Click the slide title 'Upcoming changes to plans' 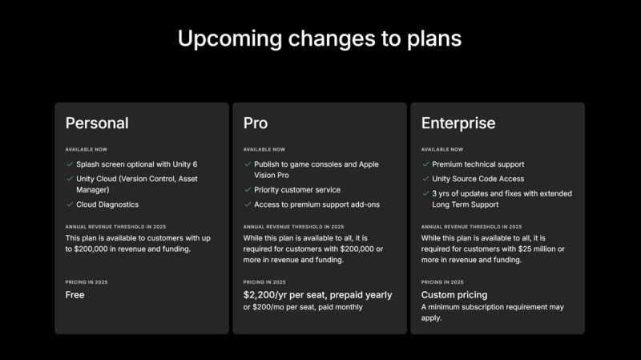tap(320, 38)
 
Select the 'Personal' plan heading tap(97, 123)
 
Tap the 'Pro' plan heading tap(256, 123)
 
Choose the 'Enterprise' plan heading tap(458, 123)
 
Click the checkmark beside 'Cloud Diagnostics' tap(70, 204)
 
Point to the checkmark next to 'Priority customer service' tap(248, 189)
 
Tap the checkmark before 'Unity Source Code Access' tap(425, 178)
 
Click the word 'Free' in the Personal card tap(75, 295)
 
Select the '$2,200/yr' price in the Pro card tap(264, 295)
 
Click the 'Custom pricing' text tap(454, 295)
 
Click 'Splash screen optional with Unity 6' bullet tap(136, 164)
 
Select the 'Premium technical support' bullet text tap(478, 164)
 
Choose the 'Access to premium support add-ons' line tap(316, 204)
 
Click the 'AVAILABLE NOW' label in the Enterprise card tap(442, 149)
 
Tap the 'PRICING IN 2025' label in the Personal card tap(87, 282)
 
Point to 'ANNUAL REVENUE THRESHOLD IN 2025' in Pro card tap(293, 227)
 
